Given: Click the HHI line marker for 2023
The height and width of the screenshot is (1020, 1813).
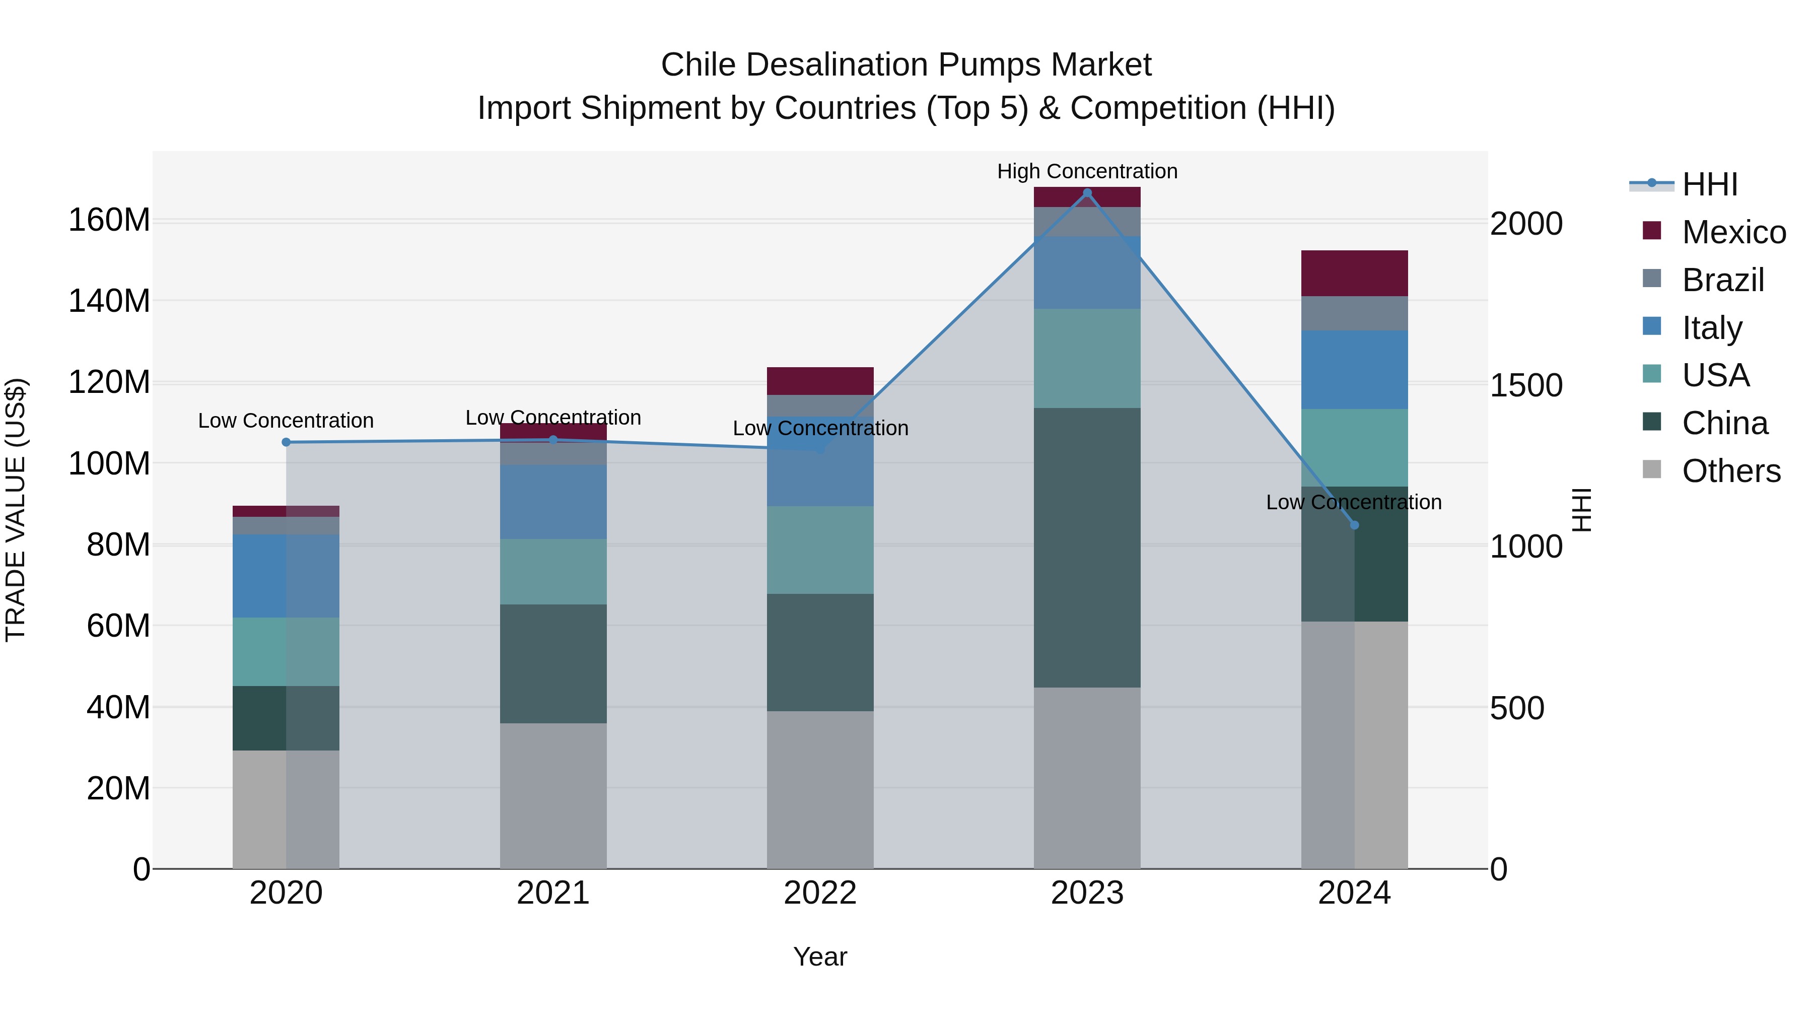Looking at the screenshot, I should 1087,193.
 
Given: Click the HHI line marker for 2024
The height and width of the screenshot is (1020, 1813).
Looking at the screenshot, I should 1354,525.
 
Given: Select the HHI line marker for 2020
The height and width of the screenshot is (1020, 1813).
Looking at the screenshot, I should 286,442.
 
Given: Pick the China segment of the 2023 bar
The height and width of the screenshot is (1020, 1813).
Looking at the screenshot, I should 1087,548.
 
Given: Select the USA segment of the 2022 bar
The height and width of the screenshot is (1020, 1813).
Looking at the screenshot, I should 820,550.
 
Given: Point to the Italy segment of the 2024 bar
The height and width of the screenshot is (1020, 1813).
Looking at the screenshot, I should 1354,370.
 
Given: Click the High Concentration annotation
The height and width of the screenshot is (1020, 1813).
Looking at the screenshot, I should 1087,171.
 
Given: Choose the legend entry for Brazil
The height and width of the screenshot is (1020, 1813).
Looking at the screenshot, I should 1722,280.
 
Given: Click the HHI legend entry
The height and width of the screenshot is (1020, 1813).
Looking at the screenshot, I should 1710,184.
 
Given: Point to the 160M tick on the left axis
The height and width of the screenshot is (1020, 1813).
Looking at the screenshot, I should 109,220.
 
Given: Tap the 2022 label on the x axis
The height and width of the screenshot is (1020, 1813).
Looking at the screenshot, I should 820,893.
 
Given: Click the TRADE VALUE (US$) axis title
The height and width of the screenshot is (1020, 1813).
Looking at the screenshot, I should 16,510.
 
